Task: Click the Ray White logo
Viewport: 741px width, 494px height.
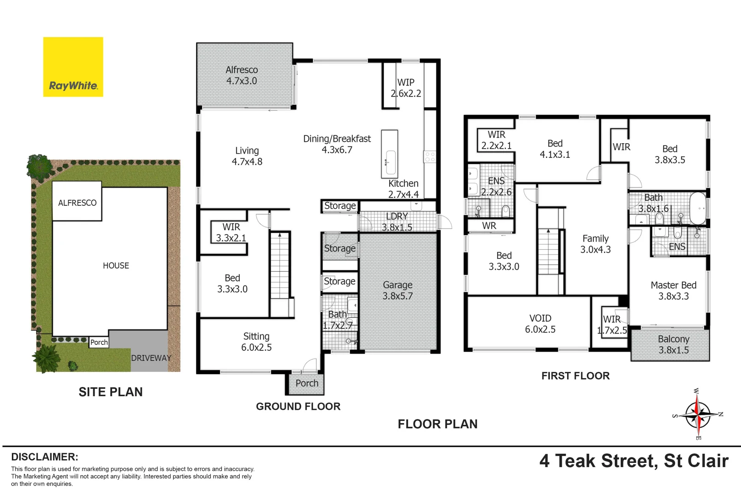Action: pos(73,67)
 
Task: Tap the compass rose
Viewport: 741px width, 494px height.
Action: pos(698,414)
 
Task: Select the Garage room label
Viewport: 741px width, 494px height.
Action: pos(397,290)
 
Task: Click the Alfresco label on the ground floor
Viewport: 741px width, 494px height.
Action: pos(242,75)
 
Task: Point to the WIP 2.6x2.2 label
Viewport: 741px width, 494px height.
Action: pos(406,88)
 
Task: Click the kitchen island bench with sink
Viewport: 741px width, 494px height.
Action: pos(390,154)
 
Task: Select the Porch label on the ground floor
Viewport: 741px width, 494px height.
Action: pos(306,383)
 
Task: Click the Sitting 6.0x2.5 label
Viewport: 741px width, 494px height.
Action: pos(256,342)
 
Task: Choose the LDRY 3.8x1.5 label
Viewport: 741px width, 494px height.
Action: pos(397,222)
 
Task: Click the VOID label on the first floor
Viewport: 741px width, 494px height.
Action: pos(540,324)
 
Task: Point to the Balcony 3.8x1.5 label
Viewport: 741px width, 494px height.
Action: pos(673,344)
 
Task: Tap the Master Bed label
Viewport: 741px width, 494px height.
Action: pos(673,290)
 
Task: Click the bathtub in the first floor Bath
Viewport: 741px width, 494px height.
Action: pos(698,208)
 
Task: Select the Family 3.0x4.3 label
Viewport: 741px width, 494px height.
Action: pos(595,244)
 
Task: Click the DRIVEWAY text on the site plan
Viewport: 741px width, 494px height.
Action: pos(151,358)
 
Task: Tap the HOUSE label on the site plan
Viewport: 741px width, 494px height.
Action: pos(116,266)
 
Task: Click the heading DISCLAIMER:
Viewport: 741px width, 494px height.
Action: pos(44,457)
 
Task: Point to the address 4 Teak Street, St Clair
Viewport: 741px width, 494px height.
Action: pos(634,461)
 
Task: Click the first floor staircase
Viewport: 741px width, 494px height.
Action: pos(549,251)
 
